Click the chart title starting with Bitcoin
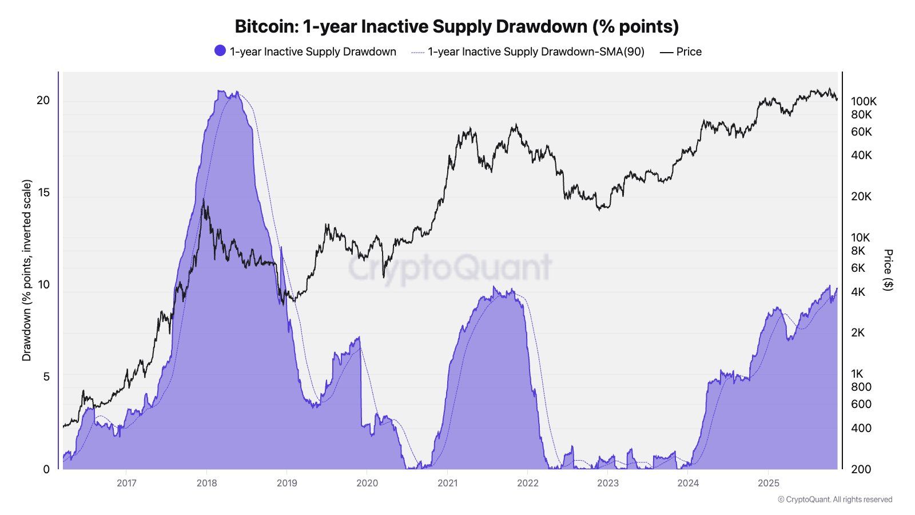[x=456, y=26]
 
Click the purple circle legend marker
[x=220, y=51]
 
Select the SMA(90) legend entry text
[x=536, y=51]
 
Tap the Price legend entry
[x=688, y=51]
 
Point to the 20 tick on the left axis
[x=43, y=100]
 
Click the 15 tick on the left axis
[x=43, y=192]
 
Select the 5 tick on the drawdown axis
[x=46, y=377]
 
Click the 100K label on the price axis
[x=863, y=101]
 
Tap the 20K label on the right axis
[x=861, y=196]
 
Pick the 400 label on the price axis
[x=861, y=428]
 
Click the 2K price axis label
[x=857, y=332]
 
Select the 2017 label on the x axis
[x=126, y=483]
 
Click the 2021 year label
[x=447, y=483]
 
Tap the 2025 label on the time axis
[x=768, y=483]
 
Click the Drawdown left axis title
[x=27, y=270]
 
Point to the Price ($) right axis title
[x=888, y=270]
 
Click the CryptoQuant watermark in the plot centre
[x=450, y=268]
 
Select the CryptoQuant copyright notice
[x=834, y=500]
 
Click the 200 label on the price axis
[x=861, y=469]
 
